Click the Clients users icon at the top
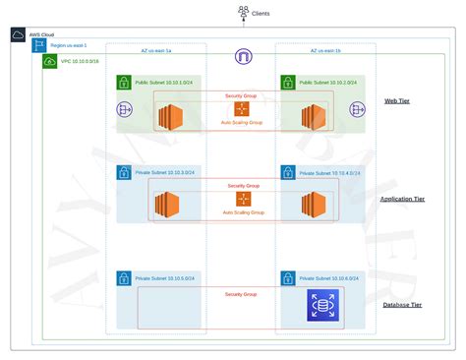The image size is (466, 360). (x=242, y=12)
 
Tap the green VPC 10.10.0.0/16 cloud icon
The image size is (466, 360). (x=50, y=61)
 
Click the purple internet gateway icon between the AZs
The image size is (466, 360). (x=242, y=57)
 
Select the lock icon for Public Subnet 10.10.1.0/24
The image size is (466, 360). (x=124, y=83)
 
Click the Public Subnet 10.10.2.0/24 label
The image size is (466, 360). (x=327, y=83)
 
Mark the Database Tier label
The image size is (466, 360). (x=404, y=305)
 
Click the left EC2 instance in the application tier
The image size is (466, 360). (x=166, y=205)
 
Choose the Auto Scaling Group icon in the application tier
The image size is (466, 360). (x=242, y=200)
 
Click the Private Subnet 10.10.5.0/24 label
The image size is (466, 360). (x=165, y=278)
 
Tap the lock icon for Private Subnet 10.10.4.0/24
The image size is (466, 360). (x=287, y=173)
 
